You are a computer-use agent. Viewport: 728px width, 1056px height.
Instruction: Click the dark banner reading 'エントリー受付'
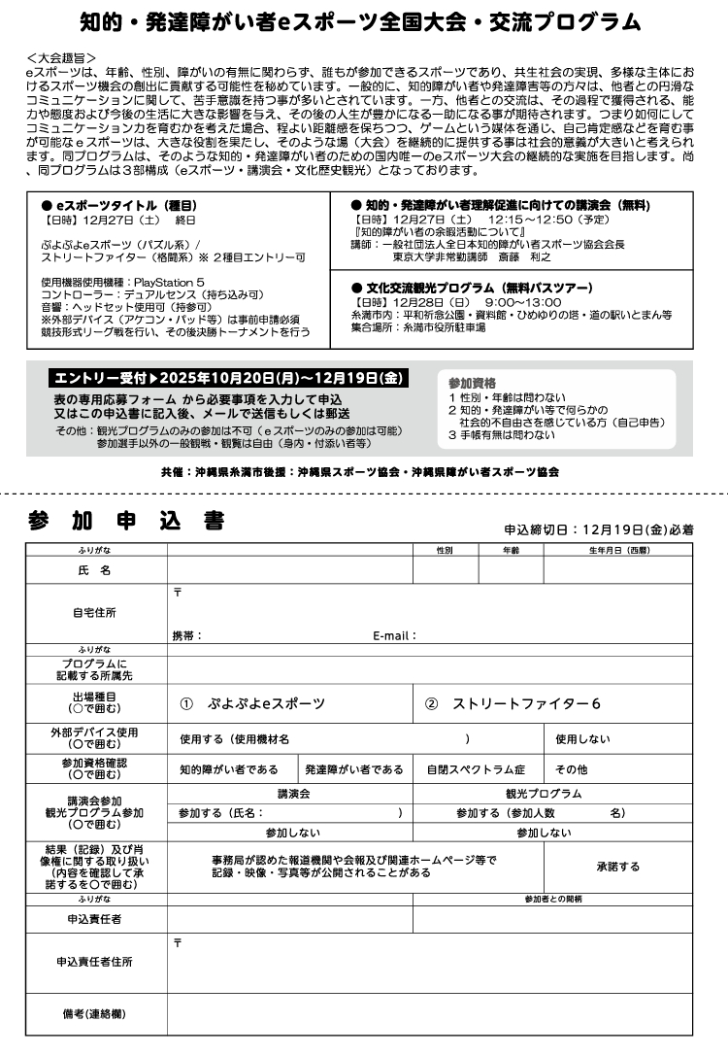228,378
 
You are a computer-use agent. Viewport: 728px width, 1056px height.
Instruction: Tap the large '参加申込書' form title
127,522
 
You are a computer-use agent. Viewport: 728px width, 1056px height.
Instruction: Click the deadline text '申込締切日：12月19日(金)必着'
598,530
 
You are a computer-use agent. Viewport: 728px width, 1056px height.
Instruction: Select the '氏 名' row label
95,570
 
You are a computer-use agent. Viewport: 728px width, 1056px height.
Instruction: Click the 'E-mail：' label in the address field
394,636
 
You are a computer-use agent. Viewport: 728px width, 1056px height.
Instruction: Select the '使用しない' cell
582,739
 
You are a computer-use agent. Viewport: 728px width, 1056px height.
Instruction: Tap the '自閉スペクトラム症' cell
476,769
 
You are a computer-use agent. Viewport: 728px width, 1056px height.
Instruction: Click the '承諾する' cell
617,866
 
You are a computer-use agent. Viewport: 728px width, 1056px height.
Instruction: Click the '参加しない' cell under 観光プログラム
543,833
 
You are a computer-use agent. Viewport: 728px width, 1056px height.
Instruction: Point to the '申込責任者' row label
94,918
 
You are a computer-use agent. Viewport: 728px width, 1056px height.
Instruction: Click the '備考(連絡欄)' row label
94,1014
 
